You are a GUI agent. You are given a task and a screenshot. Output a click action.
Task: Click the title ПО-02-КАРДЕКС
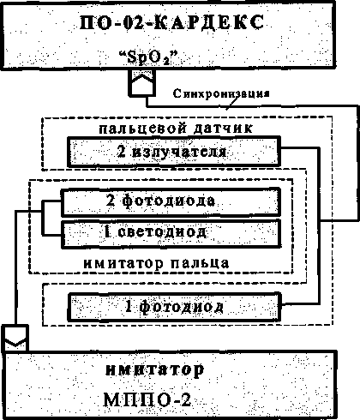171,22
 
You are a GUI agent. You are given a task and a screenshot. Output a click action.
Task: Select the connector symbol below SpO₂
142,83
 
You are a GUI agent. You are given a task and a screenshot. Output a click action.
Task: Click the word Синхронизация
221,93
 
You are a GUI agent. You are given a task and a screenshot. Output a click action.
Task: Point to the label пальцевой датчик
176,128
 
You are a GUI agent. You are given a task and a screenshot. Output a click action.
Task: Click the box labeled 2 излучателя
174,152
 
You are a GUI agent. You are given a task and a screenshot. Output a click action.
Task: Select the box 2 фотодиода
171,201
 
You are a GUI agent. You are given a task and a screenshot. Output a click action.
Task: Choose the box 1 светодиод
171,234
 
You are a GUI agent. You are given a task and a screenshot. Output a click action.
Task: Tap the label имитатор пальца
156,263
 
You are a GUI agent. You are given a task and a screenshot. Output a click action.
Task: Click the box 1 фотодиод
174,307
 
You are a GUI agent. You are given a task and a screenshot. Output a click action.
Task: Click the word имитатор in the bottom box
155,370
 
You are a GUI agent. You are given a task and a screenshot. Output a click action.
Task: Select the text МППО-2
147,399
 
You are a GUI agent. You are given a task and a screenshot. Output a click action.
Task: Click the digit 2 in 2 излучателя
122,151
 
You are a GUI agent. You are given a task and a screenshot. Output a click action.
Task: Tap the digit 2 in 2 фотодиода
111,201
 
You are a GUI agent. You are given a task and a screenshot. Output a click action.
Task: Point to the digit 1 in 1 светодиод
107,232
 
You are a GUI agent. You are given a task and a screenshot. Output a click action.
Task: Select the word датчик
223,129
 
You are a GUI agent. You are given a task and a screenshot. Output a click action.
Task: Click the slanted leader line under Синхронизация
232,103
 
